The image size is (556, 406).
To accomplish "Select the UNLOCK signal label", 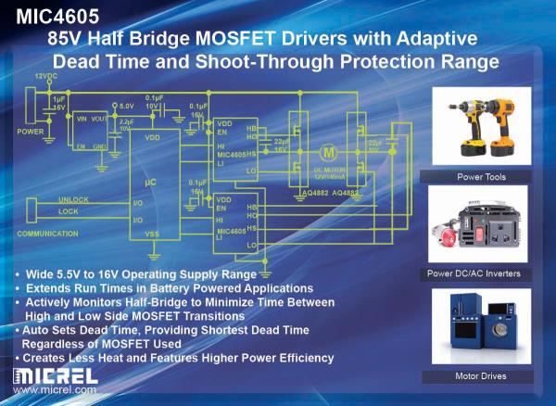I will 72,199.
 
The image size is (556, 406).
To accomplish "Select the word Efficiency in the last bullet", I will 304,358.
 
